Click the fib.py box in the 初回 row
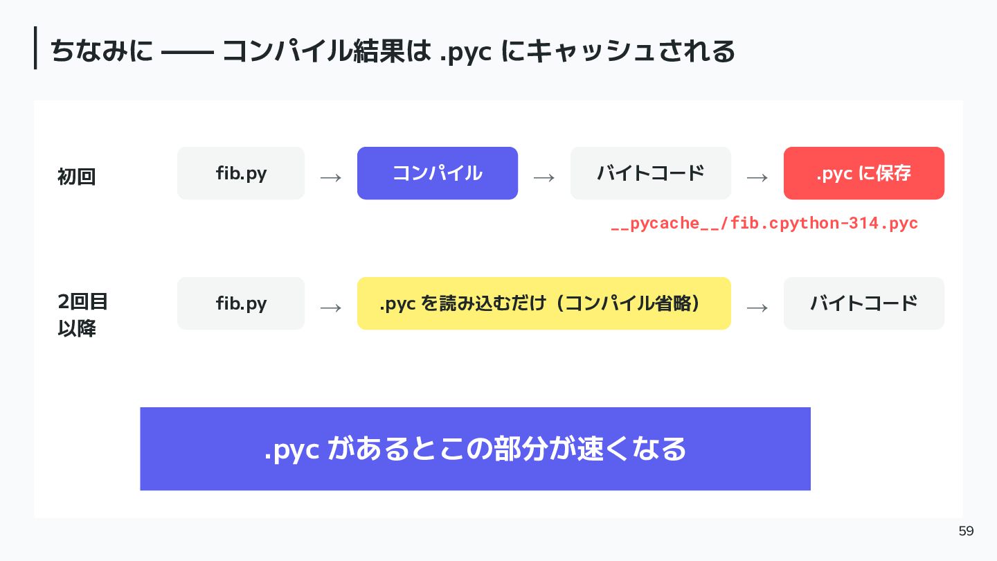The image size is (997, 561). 241,173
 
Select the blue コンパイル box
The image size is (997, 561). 438,173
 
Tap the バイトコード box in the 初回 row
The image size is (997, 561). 651,173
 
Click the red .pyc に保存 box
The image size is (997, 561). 864,173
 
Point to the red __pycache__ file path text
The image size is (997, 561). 764,223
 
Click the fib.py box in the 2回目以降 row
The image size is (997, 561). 241,303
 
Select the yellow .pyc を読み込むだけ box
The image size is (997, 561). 544,303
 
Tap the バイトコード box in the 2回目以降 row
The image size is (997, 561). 864,303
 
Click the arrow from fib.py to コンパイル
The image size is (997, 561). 331,178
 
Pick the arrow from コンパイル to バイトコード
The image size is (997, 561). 544,178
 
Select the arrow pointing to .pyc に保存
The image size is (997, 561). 757,178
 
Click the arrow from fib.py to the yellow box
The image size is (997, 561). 331,308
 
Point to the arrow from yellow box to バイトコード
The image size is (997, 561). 757,308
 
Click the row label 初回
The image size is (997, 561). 77,177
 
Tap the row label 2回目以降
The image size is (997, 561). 82,315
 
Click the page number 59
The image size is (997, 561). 967,531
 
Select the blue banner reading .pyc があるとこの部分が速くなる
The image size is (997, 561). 476,449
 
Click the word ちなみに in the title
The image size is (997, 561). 102,51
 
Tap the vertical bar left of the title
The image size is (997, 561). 35,48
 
